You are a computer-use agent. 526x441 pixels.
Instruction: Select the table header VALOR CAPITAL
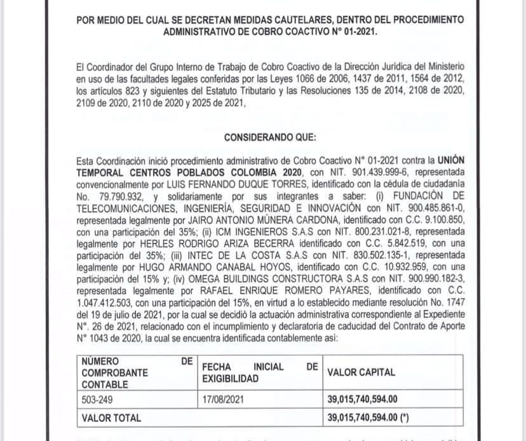pos(360,372)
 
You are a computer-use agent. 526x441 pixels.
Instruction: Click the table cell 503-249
pos(97,401)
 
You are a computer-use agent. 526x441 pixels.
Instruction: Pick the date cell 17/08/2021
pos(224,401)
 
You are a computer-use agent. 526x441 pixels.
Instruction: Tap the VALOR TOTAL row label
pos(112,418)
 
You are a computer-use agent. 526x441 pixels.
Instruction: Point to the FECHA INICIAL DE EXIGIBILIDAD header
pos(259,372)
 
